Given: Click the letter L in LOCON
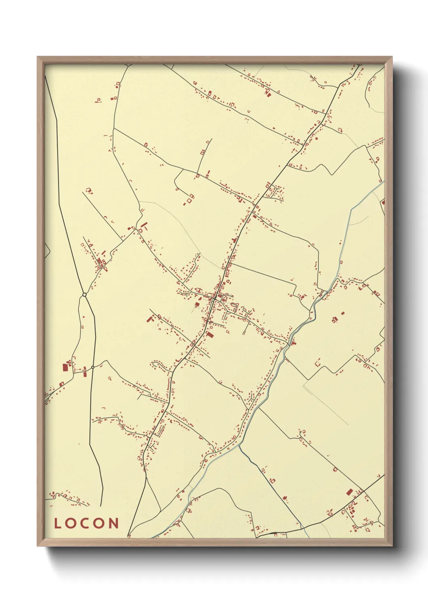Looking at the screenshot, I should (57, 523).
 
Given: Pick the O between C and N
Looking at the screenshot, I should (100, 523).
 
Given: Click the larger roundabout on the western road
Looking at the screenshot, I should (84, 295).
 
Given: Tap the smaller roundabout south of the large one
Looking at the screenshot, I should (93, 367).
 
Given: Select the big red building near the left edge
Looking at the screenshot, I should (64, 367).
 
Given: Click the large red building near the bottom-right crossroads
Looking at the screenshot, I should (350, 492).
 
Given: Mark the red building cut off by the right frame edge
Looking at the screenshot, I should (383, 202).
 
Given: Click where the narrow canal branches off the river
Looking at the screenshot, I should (240, 446).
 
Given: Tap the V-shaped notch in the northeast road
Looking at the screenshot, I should (332, 174).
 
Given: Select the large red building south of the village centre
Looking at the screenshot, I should (209, 334).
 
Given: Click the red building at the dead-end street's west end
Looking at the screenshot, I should (148, 319).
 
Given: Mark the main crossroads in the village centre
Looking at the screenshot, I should (212, 299).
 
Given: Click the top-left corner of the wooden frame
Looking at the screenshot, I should (38, 57).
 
